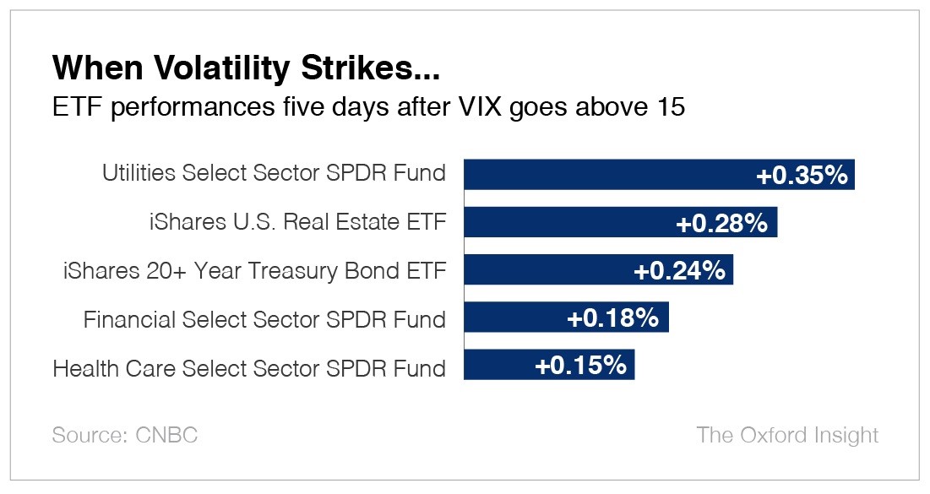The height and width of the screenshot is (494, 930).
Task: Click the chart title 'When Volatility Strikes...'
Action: [246, 68]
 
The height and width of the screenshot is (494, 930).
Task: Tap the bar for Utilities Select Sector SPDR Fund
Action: [608, 175]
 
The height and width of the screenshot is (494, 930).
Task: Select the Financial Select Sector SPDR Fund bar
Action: [515, 318]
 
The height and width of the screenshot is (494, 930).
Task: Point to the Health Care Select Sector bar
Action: [498, 366]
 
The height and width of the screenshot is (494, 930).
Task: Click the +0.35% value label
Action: [801, 175]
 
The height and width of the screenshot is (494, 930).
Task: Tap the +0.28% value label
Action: [722, 223]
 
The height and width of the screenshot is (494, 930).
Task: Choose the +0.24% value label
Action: [679, 271]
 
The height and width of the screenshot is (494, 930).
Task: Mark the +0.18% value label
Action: [612, 318]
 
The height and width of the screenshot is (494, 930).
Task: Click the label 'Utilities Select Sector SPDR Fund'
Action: [274, 174]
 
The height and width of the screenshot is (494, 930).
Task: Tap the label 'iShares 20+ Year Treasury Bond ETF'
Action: [254, 271]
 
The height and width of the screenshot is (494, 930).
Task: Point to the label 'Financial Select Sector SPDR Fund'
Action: [264, 319]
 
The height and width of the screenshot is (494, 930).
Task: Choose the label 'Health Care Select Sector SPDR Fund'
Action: [249, 368]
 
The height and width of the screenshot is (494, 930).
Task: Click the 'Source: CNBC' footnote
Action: [125, 436]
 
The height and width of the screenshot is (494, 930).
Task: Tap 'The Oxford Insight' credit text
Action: [787, 436]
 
